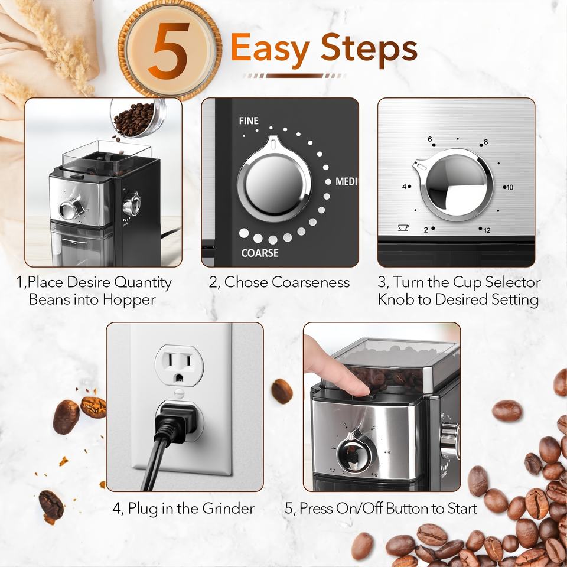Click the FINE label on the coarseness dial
[x=249, y=120]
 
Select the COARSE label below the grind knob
[x=260, y=253]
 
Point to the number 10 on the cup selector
[x=510, y=187]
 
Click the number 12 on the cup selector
[x=487, y=230]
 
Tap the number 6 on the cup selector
[x=429, y=139]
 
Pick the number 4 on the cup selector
[x=404, y=187]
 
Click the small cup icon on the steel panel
[x=403, y=227]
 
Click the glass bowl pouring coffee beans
[x=138, y=118]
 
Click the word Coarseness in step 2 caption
[x=311, y=282]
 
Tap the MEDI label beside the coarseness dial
[x=346, y=181]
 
